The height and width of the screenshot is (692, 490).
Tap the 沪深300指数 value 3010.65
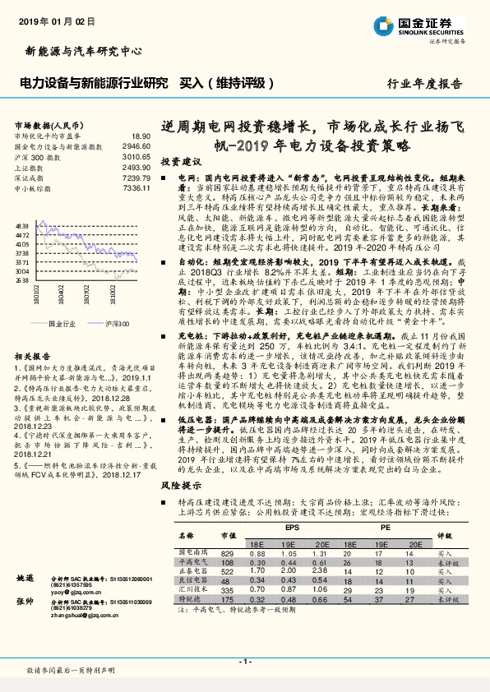pos(137,156)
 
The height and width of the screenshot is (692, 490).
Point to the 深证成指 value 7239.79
pos(137,178)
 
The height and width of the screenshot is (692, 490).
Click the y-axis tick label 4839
pos(21,224)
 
